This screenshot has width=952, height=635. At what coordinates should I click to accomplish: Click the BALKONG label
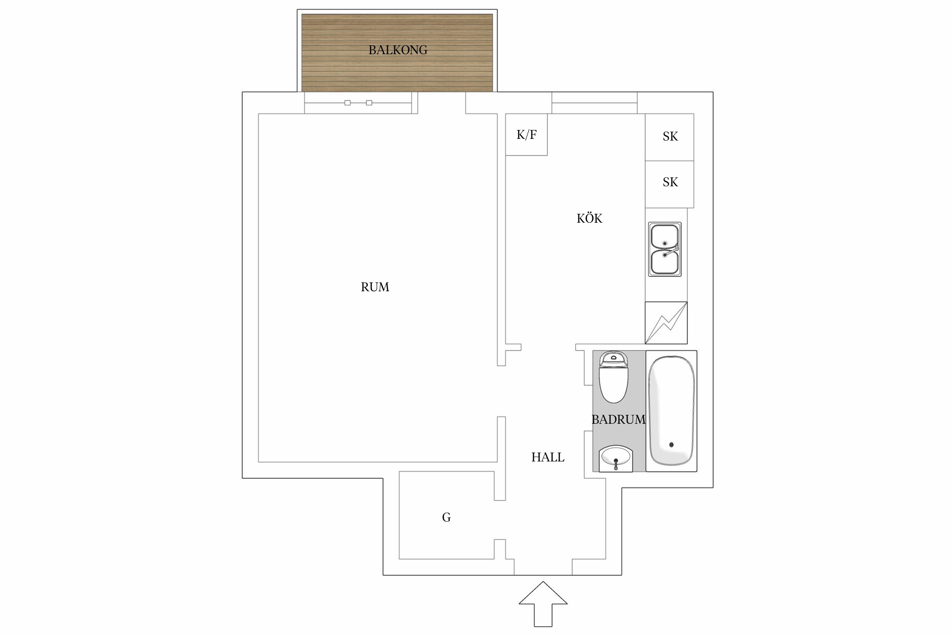pos(398,50)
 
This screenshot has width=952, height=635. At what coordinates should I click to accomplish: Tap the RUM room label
pos(375,287)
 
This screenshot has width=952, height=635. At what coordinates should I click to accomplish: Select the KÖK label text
pos(589,218)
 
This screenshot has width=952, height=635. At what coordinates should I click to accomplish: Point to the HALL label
pos(548,457)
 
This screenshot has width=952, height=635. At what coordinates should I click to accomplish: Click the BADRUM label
pos(619,420)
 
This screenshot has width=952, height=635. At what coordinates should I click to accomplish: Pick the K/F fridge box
pos(526,135)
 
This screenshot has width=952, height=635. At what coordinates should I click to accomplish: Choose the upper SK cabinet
pos(669,137)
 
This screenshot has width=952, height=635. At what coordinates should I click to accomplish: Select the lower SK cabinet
pos(669,184)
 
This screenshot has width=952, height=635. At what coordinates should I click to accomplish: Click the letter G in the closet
pos(446,517)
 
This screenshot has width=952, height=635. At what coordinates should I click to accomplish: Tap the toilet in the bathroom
pos(614,377)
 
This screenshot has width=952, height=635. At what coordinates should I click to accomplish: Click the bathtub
pos(671,411)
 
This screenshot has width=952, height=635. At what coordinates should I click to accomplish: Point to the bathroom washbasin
pos(616,458)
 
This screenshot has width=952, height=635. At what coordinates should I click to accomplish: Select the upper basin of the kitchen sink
pos(664,236)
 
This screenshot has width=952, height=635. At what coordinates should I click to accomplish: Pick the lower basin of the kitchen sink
pos(664,262)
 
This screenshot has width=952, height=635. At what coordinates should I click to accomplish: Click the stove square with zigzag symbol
pos(666,323)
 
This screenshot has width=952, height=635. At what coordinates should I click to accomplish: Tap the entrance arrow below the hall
pos(543,604)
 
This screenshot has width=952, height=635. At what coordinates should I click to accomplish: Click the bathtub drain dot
pos(671,444)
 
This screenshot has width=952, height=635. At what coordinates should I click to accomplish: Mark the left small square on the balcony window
pos(347,103)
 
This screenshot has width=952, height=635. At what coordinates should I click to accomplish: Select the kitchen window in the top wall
pos(594,103)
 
